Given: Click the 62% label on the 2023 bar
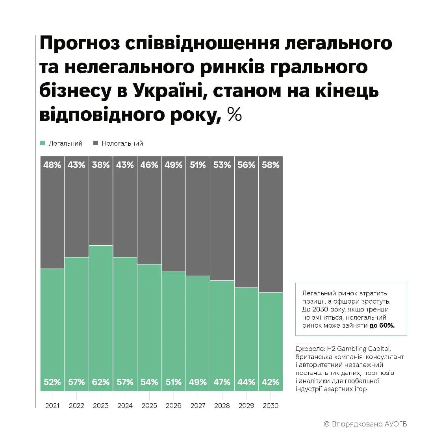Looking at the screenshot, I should [x=100, y=382].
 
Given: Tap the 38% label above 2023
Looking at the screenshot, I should [x=100, y=165].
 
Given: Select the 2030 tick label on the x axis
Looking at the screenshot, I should [x=270, y=406].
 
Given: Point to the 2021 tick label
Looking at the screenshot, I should [x=52, y=406].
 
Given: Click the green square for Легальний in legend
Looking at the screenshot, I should [x=43, y=144].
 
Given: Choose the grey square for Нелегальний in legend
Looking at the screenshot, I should [x=95, y=144].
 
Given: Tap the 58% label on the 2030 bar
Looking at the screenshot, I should [x=270, y=165].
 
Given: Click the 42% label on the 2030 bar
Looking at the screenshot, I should [x=270, y=382].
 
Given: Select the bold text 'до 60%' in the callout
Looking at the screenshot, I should [x=382, y=326].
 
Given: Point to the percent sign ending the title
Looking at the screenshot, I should [x=235, y=115].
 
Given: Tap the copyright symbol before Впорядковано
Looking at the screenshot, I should [x=326, y=424].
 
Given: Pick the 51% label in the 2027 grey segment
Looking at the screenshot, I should [x=198, y=165].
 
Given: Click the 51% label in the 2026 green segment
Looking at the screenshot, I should [x=173, y=382].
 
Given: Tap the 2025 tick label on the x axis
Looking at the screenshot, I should [x=149, y=406].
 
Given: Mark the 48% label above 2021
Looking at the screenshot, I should [x=52, y=165].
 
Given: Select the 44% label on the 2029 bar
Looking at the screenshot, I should [x=246, y=382].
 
